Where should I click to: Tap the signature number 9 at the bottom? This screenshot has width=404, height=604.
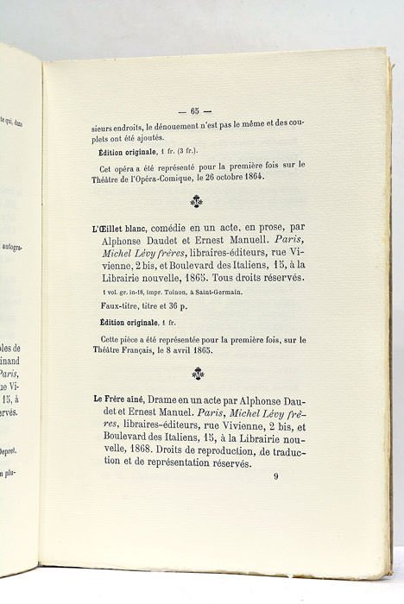(x=276, y=475)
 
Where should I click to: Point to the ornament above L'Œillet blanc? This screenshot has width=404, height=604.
(x=196, y=203)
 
